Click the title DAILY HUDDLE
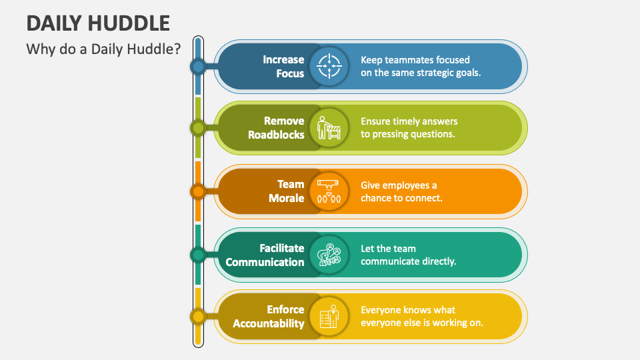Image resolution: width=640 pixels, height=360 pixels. (x=98, y=23)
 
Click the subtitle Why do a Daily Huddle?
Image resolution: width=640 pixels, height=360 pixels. (x=103, y=49)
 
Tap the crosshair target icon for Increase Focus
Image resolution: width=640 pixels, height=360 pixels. (x=329, y=67)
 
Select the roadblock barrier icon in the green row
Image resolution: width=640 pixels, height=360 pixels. (x=329, y=127)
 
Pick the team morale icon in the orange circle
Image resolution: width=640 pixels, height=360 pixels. (x=329, y=191)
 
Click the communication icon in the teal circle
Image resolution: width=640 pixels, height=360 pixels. (x=329, y=255)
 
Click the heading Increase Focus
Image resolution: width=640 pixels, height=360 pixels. (x=283, y=67)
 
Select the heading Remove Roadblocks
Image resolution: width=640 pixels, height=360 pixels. (x=276, y=127)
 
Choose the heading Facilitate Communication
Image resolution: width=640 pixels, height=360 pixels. (x=265, y=255)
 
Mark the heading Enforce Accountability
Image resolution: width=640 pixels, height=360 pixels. (x=269, y=316)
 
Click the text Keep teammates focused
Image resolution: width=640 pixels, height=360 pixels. (x=415, y=59)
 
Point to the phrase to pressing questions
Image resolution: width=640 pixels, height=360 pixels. (x=408, y=134)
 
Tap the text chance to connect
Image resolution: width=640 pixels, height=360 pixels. (x=401, y=198)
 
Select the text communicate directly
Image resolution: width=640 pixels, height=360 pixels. (x=408, y=261)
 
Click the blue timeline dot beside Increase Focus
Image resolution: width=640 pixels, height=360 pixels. (x=197, y=66)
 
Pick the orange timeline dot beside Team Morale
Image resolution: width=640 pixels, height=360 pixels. (x=197, y=191)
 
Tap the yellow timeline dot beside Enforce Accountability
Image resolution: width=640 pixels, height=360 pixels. (x=197, y=316)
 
